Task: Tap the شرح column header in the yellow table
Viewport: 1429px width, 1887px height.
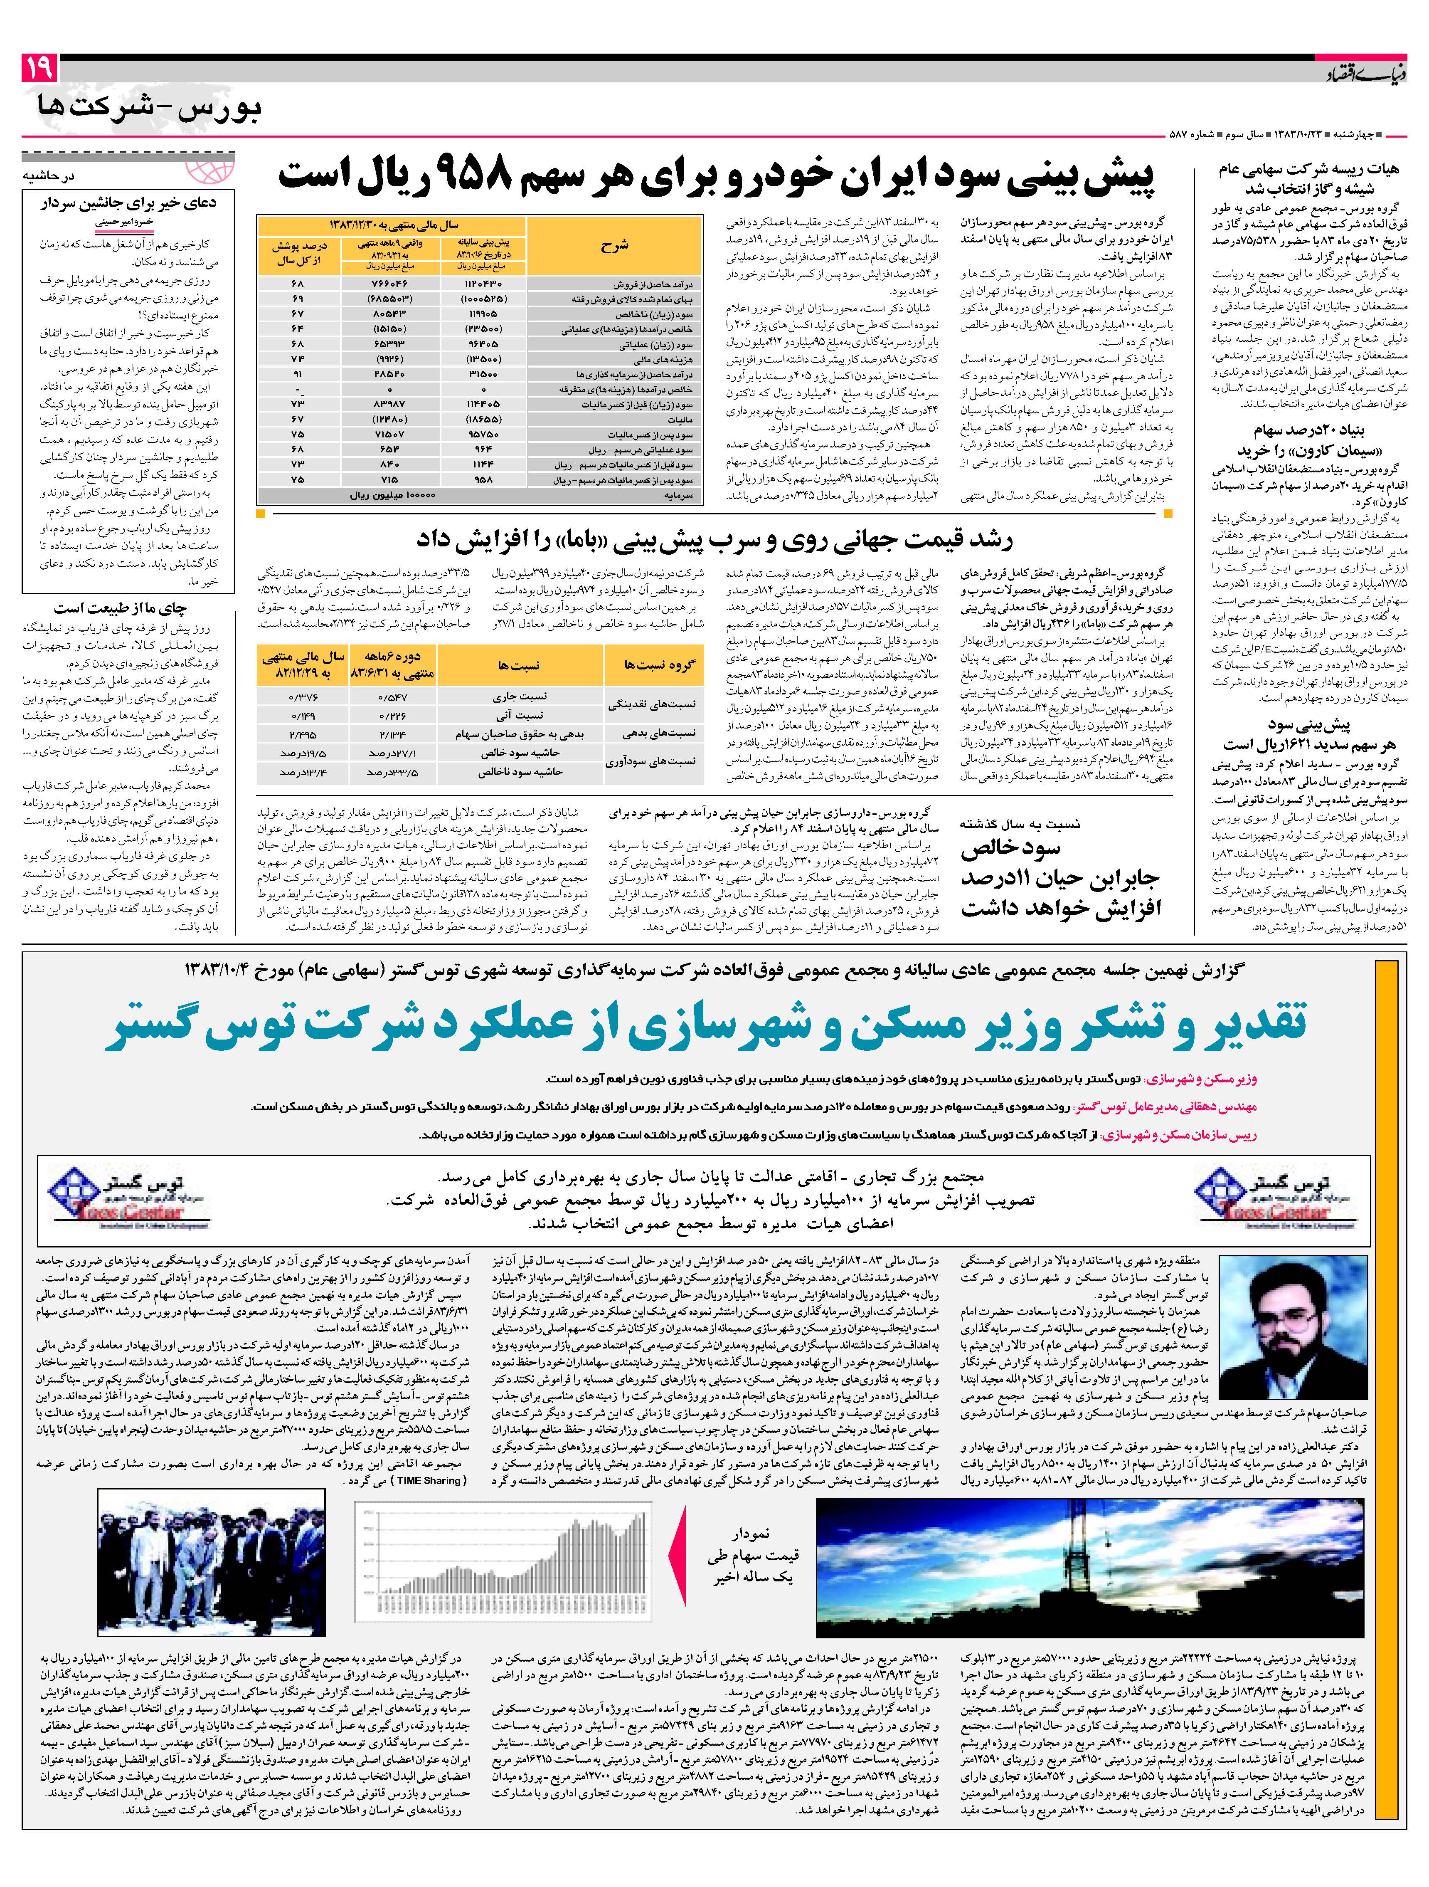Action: [x=614, y=245]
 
